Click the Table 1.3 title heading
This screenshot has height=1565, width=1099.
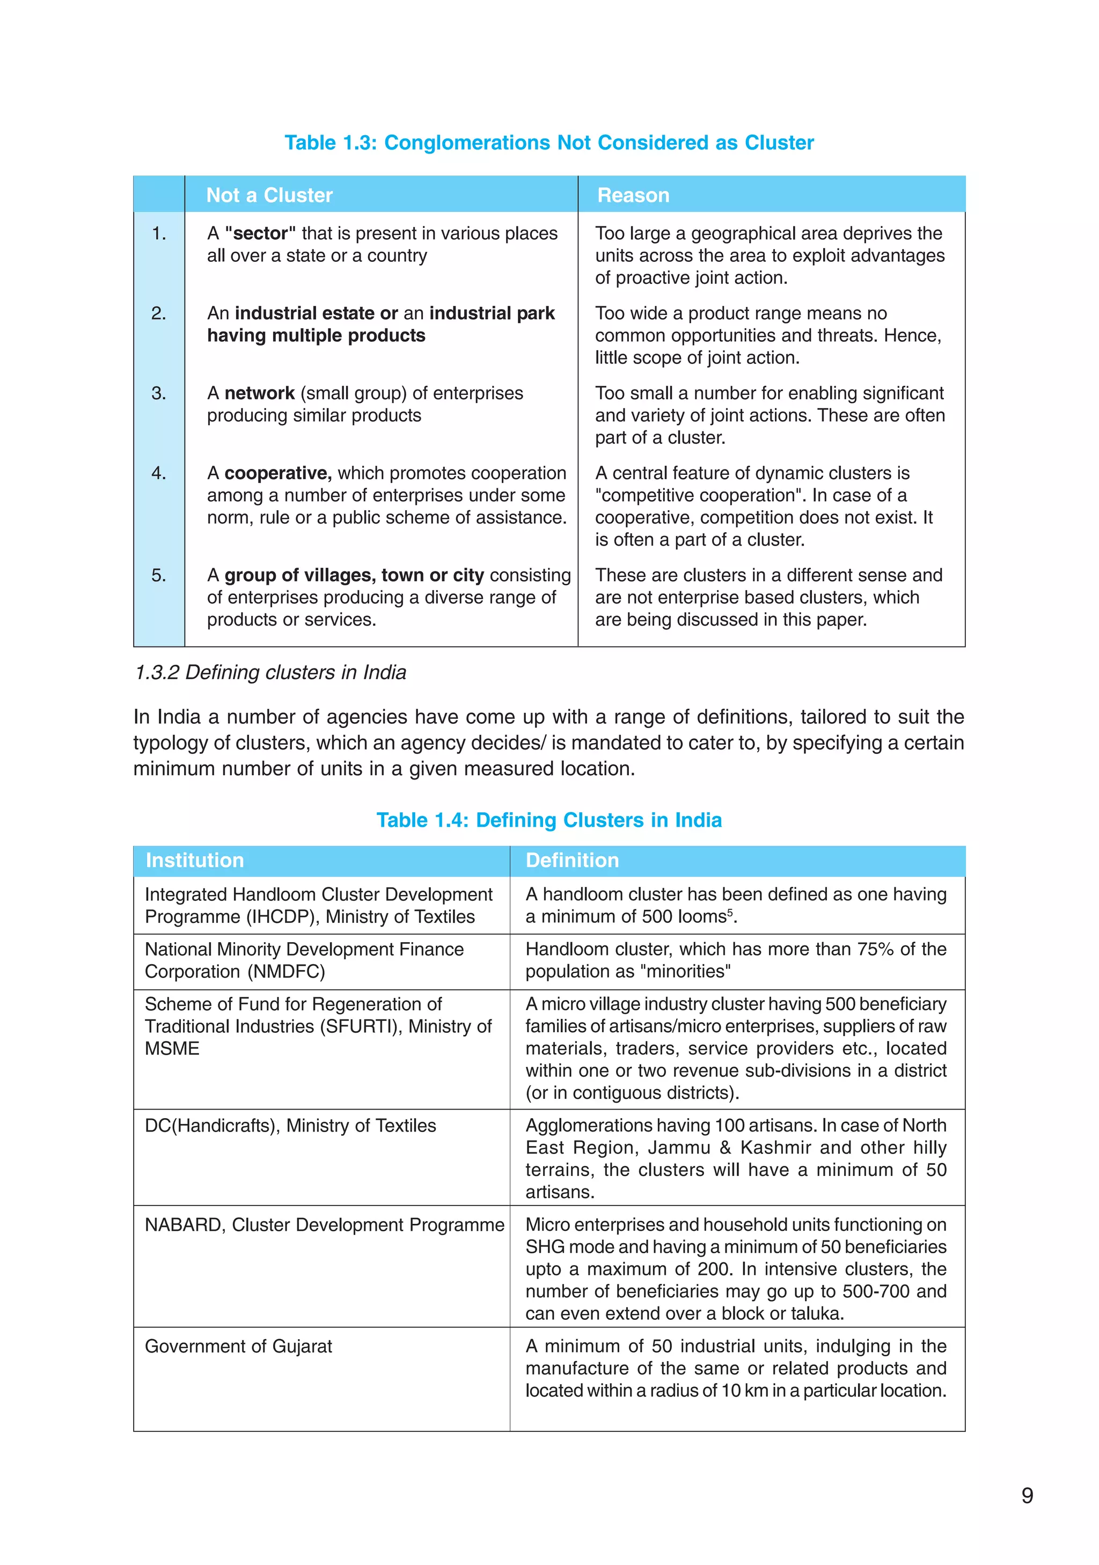(549, 143)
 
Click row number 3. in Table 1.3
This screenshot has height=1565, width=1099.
(158, 393)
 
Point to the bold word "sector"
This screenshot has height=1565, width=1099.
(260, 233)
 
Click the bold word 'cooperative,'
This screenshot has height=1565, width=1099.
(277, 473)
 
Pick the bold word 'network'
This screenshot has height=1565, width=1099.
(259, 393)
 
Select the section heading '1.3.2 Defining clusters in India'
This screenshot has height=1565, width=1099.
(270, 672)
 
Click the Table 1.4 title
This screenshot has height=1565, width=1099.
(549, 820)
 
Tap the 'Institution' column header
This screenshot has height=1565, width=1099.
(194, 860)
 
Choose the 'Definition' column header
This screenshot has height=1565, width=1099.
(572, 860)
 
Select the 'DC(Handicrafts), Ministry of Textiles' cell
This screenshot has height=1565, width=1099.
(290, 1126)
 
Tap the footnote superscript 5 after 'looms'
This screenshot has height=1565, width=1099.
(729, 912)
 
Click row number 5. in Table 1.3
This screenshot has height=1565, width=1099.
(158, 575)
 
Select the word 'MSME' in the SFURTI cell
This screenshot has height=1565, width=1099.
(172, 1048)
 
